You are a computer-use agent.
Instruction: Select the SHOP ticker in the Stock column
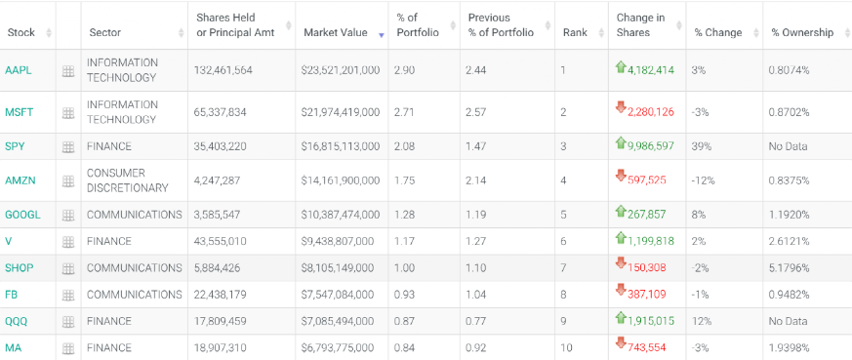pos(19,267)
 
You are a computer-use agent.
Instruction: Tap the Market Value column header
pos(336,32)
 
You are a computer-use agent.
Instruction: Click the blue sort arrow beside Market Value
pos(382,35)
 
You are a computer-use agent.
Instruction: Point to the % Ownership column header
pos(802,32)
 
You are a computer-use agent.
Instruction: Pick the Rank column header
pos(575,32)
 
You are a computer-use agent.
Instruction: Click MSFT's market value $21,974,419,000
pos(341,112)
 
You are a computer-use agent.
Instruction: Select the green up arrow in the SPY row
pos(621,143)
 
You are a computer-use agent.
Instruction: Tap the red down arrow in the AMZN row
pos(621,176)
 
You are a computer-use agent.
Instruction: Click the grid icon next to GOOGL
pos(68,215)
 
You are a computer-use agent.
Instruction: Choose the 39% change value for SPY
pos(699,146)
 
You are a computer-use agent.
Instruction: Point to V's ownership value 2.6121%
pos(789,241)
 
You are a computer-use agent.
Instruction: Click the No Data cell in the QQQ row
pos(788,321)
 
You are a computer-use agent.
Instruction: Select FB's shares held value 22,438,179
pos(220,295)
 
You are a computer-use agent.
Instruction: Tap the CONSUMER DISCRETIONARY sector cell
pos(128,180)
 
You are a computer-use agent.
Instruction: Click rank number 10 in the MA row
pos(566,347)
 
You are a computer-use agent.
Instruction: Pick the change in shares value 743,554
pos(647,348)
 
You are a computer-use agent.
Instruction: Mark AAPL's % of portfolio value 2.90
pos(403,70)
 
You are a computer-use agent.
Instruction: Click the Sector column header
pos(103,32)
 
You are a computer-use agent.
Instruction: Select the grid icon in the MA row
pos(68,348)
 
